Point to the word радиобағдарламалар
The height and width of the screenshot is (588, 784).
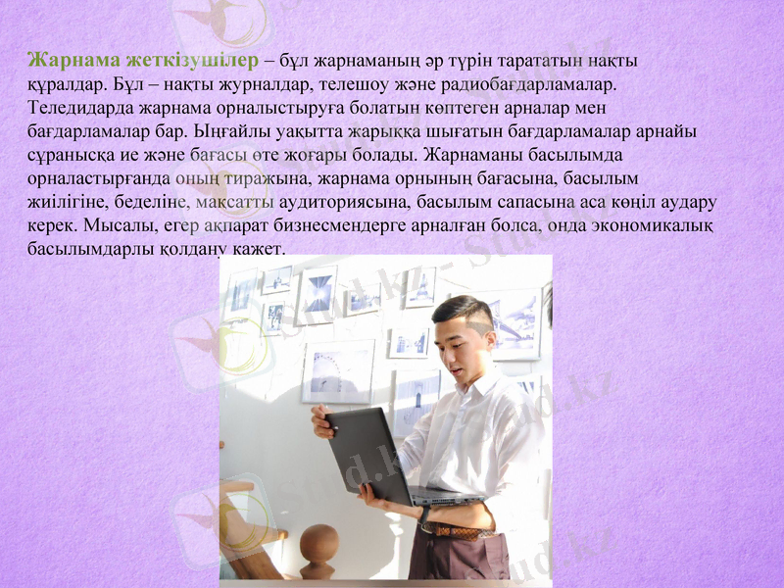click(527, 84)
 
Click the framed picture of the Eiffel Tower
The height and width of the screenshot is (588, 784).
click(420, 286)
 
